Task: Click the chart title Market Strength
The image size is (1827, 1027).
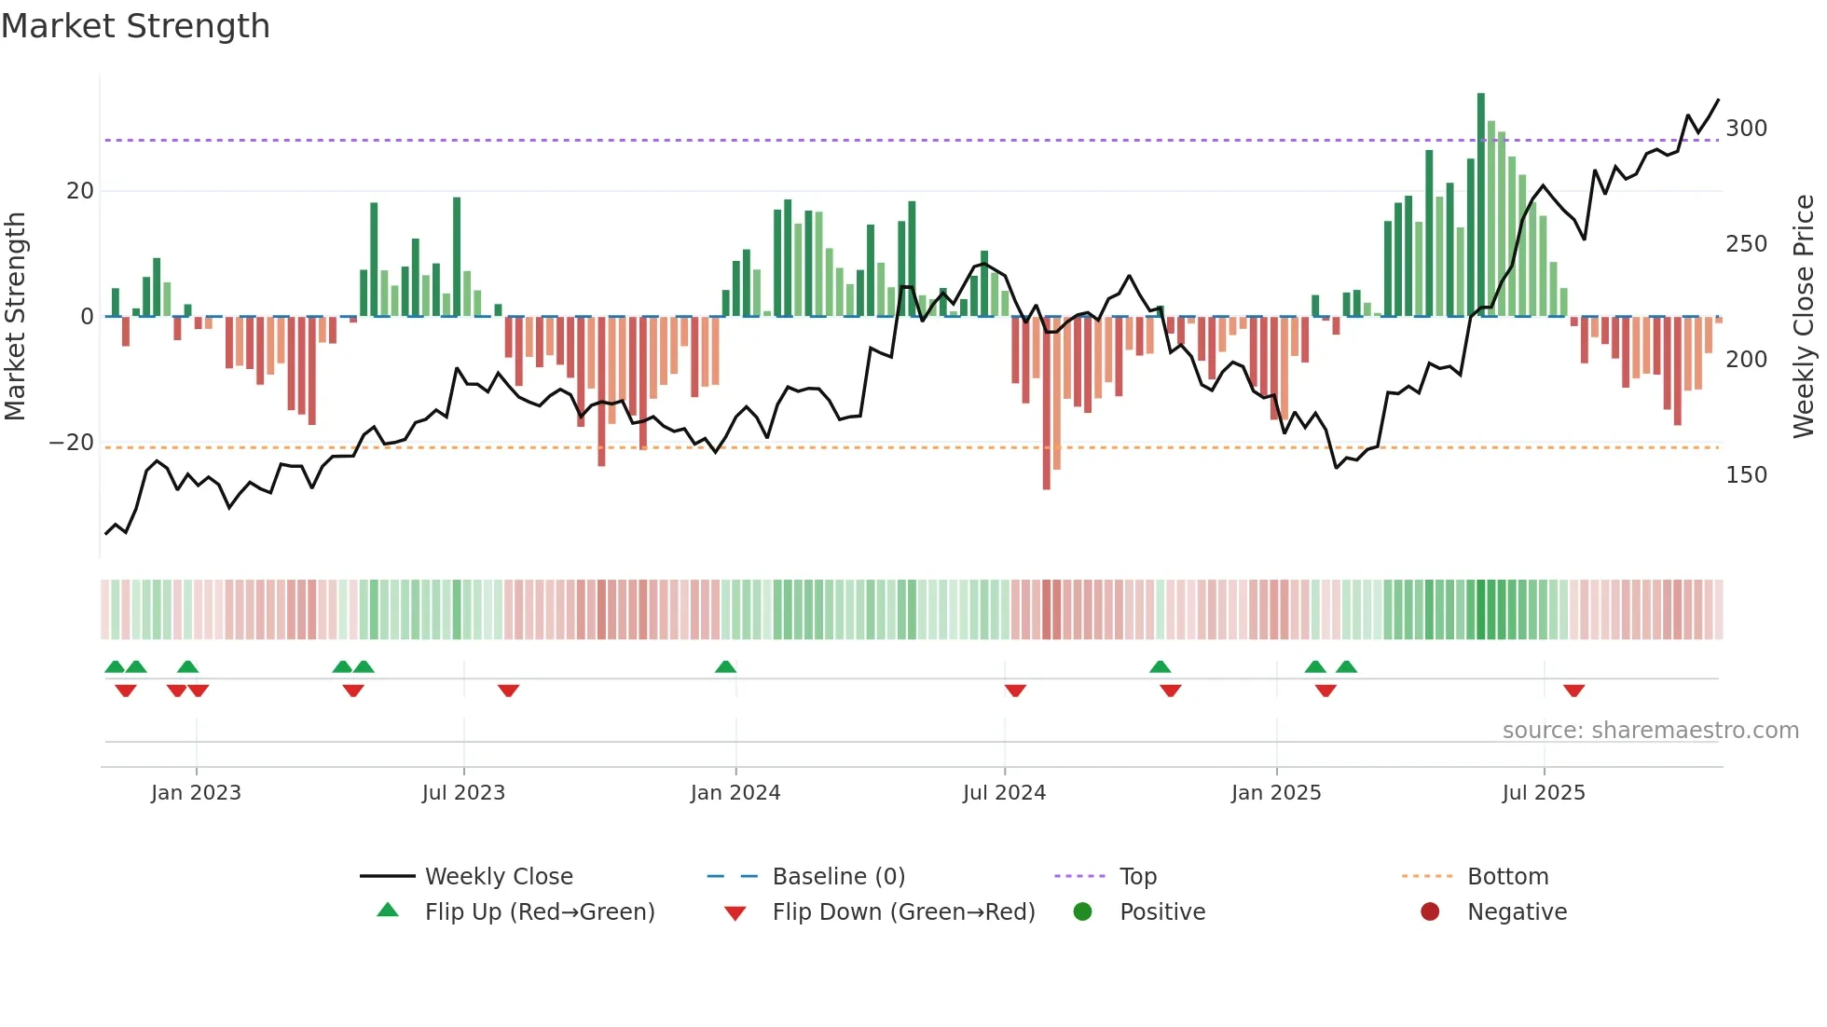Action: [x=136, y=26]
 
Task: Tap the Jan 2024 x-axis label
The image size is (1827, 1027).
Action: [x=735, y=793]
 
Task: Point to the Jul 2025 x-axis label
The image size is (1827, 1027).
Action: [x=1544, y=793]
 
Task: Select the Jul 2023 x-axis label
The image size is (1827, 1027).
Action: [x=463, y=793]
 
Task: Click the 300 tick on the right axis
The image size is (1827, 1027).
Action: [x=1746, y=129]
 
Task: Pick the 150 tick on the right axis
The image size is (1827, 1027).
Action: [x=1746, y=475]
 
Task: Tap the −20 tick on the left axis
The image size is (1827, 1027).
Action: [x=72, y=443]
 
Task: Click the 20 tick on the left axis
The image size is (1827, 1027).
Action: [x=80, y=191]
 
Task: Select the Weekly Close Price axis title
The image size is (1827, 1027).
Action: [x=1804, y=317]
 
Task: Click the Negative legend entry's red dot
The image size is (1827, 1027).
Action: [x=1430, y=912]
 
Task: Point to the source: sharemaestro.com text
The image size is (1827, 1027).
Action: [x=1650, y=731]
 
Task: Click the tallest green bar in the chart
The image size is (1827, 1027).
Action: [x=1481, y=205]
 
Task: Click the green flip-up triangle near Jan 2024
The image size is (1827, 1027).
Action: [x=726, y=667]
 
